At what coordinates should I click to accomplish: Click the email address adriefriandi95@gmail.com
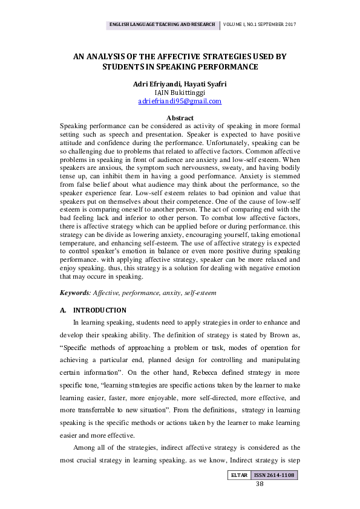pos(180,102)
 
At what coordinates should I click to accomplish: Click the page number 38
pos(260,484)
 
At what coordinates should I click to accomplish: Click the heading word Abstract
pos(180,118)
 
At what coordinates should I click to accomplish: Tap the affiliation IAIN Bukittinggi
pos(180,92)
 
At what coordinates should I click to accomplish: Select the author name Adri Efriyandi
pos(155,83)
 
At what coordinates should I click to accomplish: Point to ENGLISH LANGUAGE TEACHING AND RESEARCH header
pos(162,25)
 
